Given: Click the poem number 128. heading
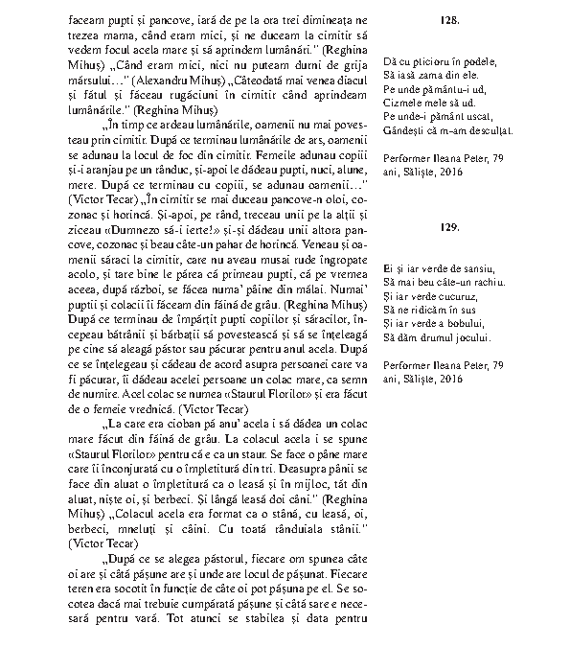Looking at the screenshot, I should (450, 18).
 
